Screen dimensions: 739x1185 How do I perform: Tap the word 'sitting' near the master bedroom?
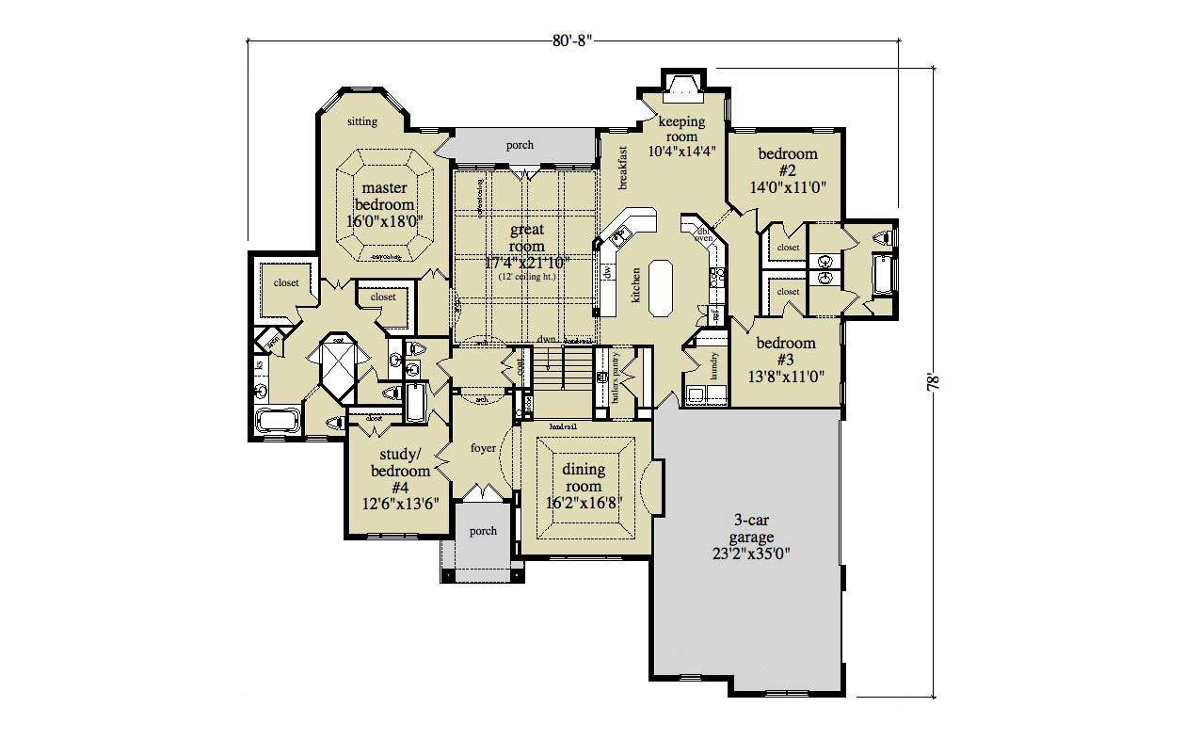tap(361, 121)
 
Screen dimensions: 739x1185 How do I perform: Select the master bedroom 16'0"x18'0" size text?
tap(383, 222)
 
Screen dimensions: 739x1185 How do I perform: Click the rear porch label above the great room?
tap(520, 145)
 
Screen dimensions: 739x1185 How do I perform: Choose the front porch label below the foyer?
tap(483, 531)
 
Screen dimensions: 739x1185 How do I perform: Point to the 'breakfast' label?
tap(622, 169)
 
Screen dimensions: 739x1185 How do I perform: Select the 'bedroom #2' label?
tap(787, 162)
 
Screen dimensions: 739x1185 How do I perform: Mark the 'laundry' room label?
tap(714, 365)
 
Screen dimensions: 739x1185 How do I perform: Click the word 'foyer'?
tap(483, 449)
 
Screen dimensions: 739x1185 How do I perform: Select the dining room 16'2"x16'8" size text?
tap(583, 502)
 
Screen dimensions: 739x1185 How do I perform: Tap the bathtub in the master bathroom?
tap(278, 420)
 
